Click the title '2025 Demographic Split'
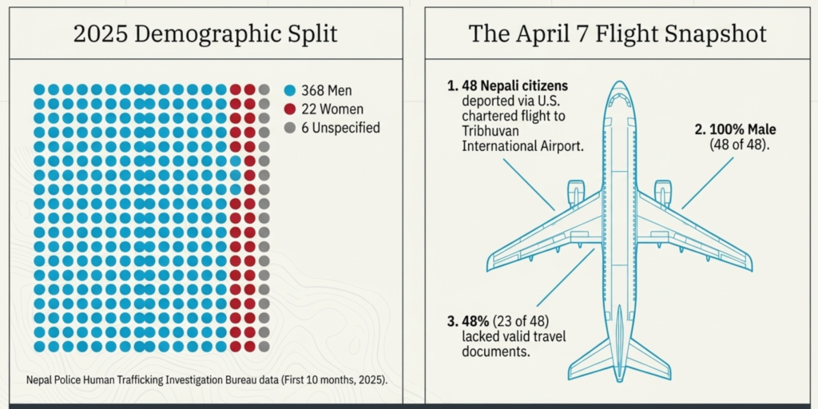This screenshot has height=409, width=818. tap(204, 34)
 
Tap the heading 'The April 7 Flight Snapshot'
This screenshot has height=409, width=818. tap(617, 34)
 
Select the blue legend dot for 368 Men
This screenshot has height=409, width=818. tap(290, 90)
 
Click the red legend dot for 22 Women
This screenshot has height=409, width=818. tap(290, 109)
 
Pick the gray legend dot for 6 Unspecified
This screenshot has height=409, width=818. tap(290, 127)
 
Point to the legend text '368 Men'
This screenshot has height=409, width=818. tap(327, 90)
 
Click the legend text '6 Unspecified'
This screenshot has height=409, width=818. tap(340, 127)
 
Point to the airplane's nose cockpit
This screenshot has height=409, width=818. tap(619, 99)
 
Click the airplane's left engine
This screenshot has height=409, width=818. tap(576, 193)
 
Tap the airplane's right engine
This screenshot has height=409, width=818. tap(662, 193)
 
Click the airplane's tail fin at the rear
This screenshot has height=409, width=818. tap(619, 351)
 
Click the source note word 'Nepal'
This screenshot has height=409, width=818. tap(40, 380)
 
